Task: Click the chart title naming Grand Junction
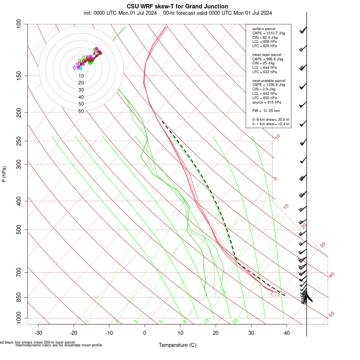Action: pyautogui.click(x=178, y=6)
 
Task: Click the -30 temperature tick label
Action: pyautogui.click(x=38, y=333)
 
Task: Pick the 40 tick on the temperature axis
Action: pyautogui.click(x=287, y=333)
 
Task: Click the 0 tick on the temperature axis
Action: pyautogui.click(x=145, y=333)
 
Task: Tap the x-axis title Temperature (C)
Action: pyautogui.click(x=178, y=345)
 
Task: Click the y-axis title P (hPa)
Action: pyautogui.click(x=4, y=174)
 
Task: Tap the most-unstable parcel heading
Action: pyautogui.click(x=269, y=80)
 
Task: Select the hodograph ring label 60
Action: pyautogui.click(x=81, y=111)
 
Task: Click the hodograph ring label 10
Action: pyautogui.click(x=81, y=76)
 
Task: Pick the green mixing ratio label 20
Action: pyautogui.click(x=235, y=321)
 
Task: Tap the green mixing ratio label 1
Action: pyautogui.click(x=87, y=322)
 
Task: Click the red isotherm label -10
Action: pyautogui.click(x=276, y=137)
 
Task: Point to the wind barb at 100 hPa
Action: pyautogui.click(x=303, y=30)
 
